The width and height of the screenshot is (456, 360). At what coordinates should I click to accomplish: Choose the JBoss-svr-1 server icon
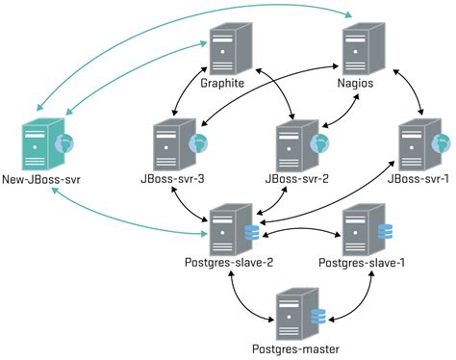pyautogui.click(x=417, y=142)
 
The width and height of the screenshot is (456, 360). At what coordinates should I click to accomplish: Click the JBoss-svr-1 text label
pyautogui.click(x=415, y=178)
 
